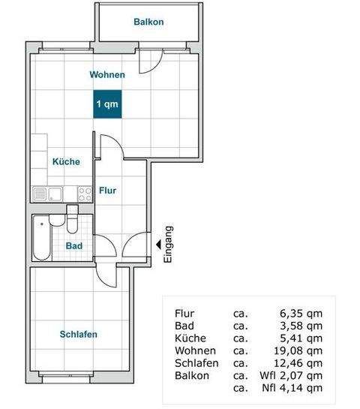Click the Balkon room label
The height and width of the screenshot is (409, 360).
click(148, 22)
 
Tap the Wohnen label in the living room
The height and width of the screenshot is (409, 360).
click(106, 75)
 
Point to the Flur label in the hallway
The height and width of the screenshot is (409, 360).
click(107, 191)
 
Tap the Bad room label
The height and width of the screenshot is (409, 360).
click(73, 245)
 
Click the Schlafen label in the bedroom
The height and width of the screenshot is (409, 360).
click(79, 335)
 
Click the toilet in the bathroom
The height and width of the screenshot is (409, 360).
click(73, 224)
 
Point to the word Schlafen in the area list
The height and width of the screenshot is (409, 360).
click(196, 362)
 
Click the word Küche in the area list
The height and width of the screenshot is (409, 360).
click(190, 338)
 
